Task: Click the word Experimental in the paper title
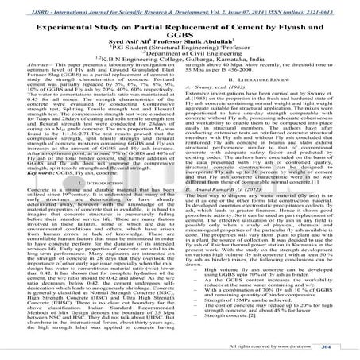point(54,19)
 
